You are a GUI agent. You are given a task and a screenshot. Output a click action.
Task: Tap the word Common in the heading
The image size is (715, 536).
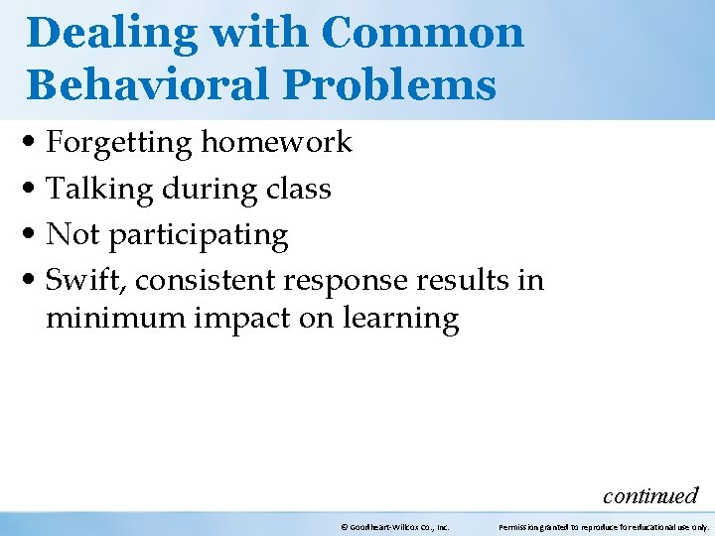tap(422, 34)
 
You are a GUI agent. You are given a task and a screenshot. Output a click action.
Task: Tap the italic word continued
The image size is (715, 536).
tap(650, 495)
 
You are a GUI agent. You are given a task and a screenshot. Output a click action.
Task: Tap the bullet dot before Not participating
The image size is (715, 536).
tap(34, 236)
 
